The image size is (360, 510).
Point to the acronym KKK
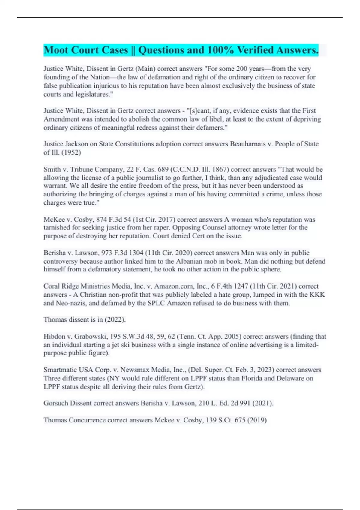318,295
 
